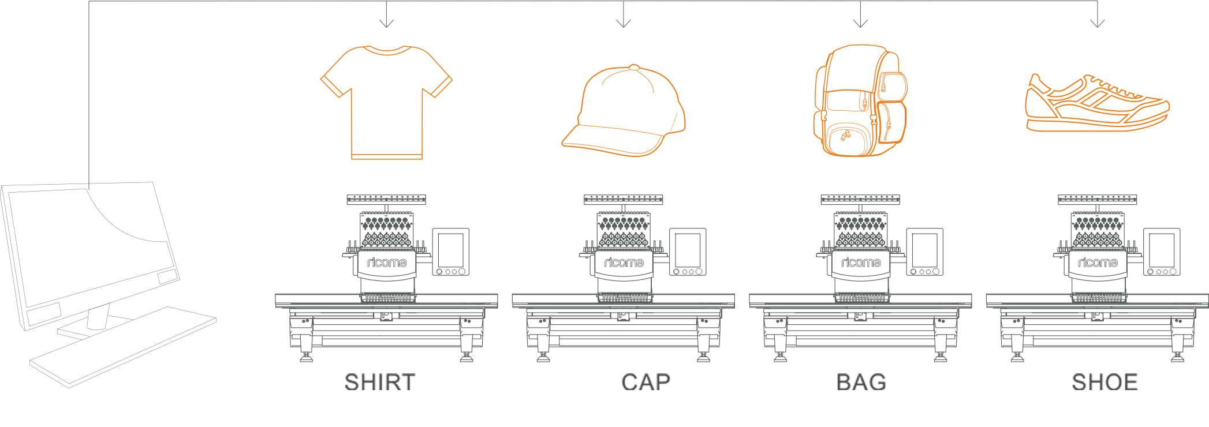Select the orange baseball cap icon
coord(624,111)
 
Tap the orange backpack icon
coord(860,100)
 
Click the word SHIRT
coord(380,382)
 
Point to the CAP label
coord(645,382)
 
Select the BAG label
coord(861,382)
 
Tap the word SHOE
coord(1104,382)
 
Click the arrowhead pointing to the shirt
coord(386,23)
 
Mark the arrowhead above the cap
coord(624,23)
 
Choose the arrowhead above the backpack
coord(860,23)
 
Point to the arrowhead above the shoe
coord(1098,23)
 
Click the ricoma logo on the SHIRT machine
coord(387,263)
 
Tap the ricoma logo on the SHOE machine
coord(1098,263)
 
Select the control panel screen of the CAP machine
coord(688,250)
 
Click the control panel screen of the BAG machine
coord(924,250)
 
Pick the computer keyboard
coord(123,346)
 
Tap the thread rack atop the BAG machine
coord(860,200)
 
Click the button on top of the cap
coord(634,67)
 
